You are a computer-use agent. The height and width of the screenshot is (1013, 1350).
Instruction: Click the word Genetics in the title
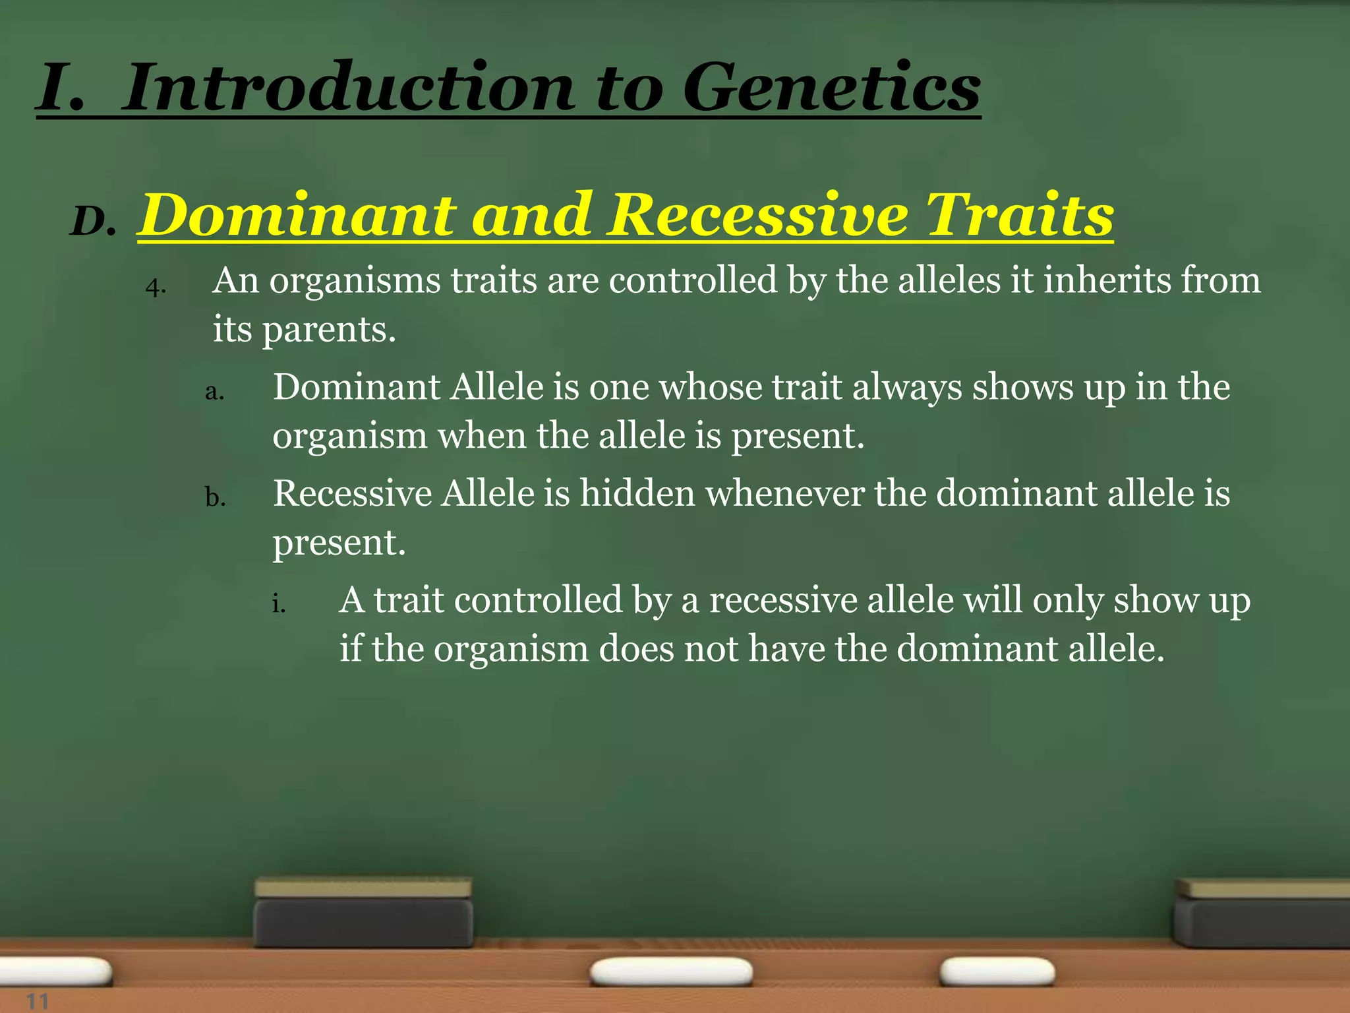(831, 88)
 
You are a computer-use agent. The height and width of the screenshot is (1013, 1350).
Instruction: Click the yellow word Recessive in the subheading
(757, 215)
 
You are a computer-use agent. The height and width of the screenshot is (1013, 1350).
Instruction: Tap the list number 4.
(156, 288)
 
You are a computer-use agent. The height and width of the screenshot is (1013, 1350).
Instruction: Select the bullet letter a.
(215, 392)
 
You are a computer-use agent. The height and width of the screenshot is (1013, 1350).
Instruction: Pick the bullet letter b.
(215, 497)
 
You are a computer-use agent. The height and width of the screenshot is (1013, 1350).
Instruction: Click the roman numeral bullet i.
(279, 603)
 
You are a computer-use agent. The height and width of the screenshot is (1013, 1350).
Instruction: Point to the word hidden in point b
(637, 493)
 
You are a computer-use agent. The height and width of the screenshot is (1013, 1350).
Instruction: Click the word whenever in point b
(784, 493)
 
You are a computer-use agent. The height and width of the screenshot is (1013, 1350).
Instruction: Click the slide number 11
(38, 1002)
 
